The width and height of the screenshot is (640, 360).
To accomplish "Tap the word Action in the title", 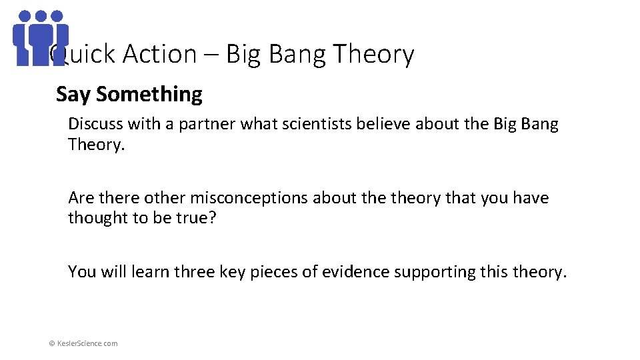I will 159,54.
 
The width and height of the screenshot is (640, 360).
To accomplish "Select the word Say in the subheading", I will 73,95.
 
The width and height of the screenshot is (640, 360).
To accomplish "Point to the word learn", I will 151,272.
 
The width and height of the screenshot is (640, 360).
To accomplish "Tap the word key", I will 234,272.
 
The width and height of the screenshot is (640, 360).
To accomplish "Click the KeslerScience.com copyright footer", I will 83,343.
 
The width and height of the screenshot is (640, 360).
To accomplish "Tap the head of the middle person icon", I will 41,16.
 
